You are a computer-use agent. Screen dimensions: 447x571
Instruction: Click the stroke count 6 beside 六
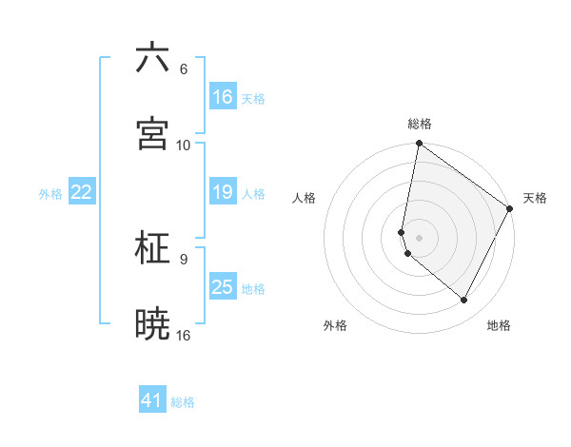click(x=183, y=68)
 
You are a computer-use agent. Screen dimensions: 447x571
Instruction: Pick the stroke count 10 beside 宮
click(x=184, y=145)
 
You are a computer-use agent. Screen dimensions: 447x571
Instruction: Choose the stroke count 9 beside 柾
click(x=183, y=258)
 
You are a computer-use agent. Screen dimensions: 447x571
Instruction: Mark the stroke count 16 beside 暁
click(x=184, y=334)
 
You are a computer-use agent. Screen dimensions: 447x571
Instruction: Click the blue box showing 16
click(x=222, y=97)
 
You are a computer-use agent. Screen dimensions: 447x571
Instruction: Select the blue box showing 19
click(x=222, y=192)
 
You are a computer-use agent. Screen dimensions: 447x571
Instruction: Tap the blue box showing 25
click(x=222, y=287)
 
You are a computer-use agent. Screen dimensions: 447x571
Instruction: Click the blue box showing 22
click(x=82, y=192)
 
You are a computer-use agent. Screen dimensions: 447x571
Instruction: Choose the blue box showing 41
click(x=152, y=400)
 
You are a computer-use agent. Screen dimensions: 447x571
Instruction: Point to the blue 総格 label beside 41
click(x=183, y=402)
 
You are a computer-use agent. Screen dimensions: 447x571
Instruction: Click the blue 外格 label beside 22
click(x=50, y=194)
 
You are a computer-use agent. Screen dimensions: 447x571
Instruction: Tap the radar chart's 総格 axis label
click(x=420, y=124)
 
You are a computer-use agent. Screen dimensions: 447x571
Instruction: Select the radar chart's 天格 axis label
click(x=535, y=198)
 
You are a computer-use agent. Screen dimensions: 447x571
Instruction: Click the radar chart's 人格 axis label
click(x=304, y=198)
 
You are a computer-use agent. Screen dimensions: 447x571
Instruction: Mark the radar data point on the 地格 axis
click(x=463, y=301)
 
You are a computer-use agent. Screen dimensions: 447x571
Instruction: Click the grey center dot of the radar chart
click(x=420, y=237)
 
